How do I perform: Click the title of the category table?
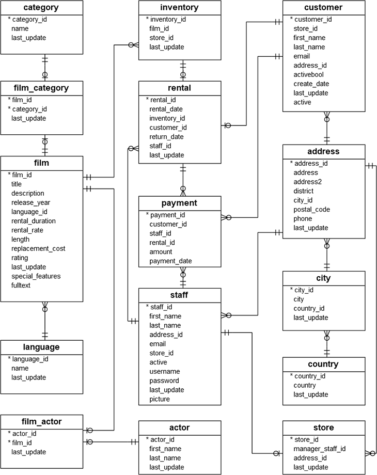pyautogui.click(x=41, y=8)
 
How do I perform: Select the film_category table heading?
pyautogui.click(x=41, y=88)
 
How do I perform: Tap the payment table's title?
pyautogui.click(x=180, y=203)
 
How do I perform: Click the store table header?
pyautogui.click(x=324, y=427)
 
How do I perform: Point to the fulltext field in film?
pyautogui.click(x=21, y=286)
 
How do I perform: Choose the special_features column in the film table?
pyautogui.click(x=36, y=276)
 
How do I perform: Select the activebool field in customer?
pyautogui.click(x=309, y=74)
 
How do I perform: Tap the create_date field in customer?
pyautogui.click(x=311, y=84)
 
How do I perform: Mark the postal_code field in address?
pyautogui.click(x=311, y=210)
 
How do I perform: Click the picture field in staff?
pyautogui.click(x=160, y=399)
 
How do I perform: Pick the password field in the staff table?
pyautogui.click(x=164, y=381)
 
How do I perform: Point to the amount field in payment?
pyautogui.click(x=161, y=252)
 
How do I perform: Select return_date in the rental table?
pyautogui.click(x=166, y=137)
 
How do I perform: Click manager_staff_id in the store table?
pyautogui.click(x=320, y=449)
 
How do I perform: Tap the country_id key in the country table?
pyautogui.click(x=309, y=376)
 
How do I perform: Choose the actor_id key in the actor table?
pyautogui.click(x=163, y=439)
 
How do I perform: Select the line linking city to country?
pyautogui.click(x=326, y=344)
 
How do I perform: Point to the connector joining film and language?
pyautogui.click(x=44, y=321)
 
